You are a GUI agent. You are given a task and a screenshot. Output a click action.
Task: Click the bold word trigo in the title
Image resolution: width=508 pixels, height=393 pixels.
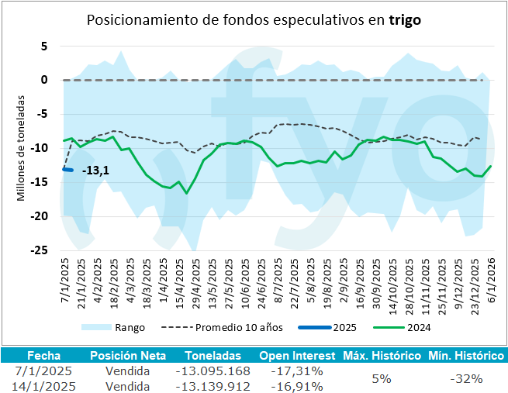coord(404,20)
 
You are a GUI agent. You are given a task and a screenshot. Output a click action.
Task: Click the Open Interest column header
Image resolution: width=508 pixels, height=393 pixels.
coord(291,356)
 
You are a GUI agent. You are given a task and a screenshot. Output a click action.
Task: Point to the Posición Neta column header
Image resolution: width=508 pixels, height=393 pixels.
coord(127,356)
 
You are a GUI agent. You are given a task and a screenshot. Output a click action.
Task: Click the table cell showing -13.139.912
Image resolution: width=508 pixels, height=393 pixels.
coord(213,385)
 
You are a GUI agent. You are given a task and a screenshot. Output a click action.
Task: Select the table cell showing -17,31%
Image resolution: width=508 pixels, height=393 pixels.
coord(297,371)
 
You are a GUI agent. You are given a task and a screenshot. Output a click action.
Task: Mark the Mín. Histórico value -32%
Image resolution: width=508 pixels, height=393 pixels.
coord(467,378)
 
